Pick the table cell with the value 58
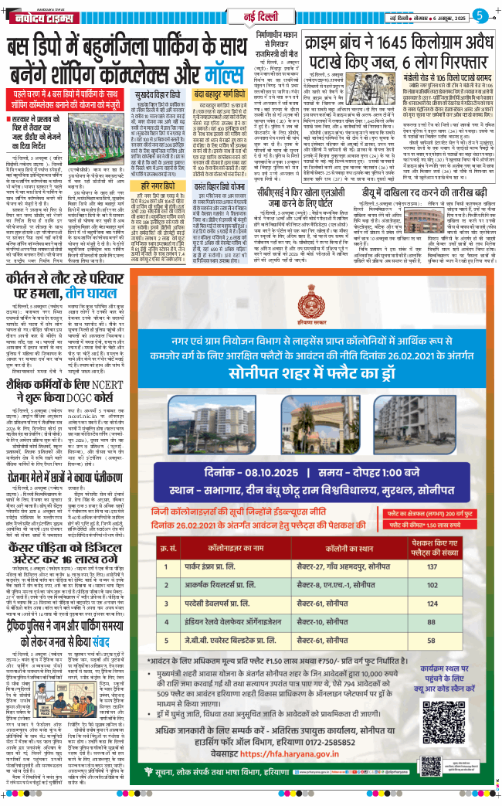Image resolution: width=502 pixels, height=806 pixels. pos(454,663)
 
